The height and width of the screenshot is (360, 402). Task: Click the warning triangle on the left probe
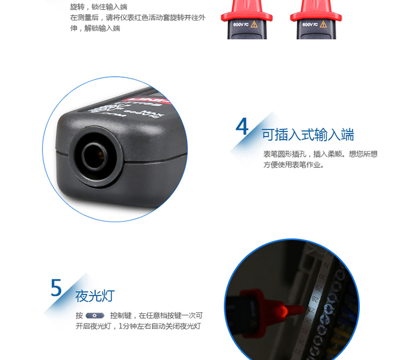255,25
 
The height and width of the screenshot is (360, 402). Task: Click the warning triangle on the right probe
323,25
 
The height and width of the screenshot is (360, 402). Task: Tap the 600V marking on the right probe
309,25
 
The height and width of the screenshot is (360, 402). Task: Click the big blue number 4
242,127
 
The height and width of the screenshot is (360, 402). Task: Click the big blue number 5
56,288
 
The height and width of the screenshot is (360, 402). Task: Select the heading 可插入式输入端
308,135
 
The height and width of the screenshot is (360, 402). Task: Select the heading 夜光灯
95,296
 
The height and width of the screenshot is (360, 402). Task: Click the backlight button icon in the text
95,315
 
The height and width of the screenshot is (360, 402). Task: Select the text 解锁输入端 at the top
102,28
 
